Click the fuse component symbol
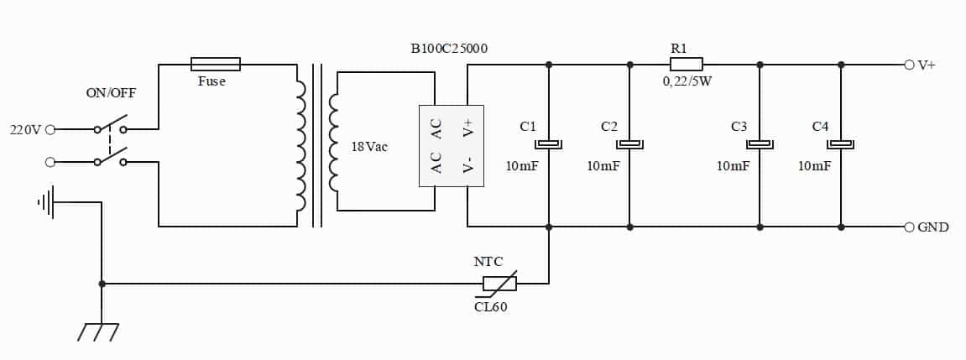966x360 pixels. click(x=216, y=64)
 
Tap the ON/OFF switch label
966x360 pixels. click(x=111, y=94)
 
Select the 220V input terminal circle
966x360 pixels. click(x=50, y=129)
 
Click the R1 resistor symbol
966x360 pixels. click(x=687, y=64)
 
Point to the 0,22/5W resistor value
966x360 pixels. click(x=687, y=81)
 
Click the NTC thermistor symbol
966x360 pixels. click(x=499, y=284)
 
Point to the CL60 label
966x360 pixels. click(x=491, y=307)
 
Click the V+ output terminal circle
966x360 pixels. click(x=909, y=65)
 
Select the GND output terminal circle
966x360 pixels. click(x=909, y=227)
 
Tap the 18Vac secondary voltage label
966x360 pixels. click(x=369, y=148)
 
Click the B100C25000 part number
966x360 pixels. click(x=449, y=49)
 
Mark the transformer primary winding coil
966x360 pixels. click(x=300, y=145)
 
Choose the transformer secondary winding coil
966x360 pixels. click(x=333, y=141)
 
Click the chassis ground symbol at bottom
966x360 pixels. click(x=98, y=331)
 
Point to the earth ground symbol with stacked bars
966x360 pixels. click(x=46, y=202)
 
